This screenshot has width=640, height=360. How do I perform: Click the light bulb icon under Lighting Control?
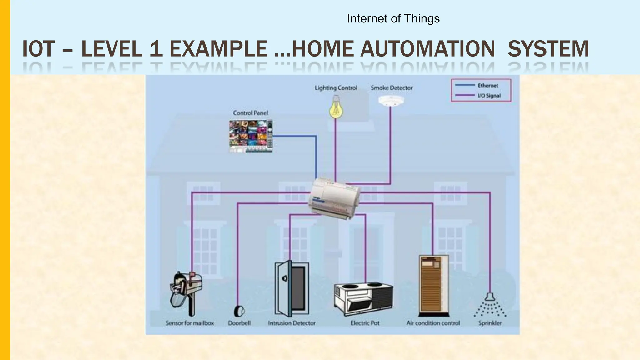336,108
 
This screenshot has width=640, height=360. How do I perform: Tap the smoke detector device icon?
391,101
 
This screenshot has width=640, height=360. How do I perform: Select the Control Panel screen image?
251,136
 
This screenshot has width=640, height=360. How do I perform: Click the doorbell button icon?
239,311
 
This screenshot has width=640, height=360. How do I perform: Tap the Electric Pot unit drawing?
363,298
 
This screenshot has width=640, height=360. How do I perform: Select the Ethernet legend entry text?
487,85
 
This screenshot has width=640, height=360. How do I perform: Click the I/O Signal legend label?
489,96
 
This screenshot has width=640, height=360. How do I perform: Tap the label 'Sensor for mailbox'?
190,323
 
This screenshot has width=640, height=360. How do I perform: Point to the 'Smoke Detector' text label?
392,88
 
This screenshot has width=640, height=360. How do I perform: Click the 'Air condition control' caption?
433,323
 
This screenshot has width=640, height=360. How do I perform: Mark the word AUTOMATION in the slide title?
427,49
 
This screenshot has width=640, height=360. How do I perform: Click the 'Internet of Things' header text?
393,19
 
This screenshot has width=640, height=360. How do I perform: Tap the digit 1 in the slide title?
156,49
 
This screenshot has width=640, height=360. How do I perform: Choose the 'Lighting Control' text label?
336,88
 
